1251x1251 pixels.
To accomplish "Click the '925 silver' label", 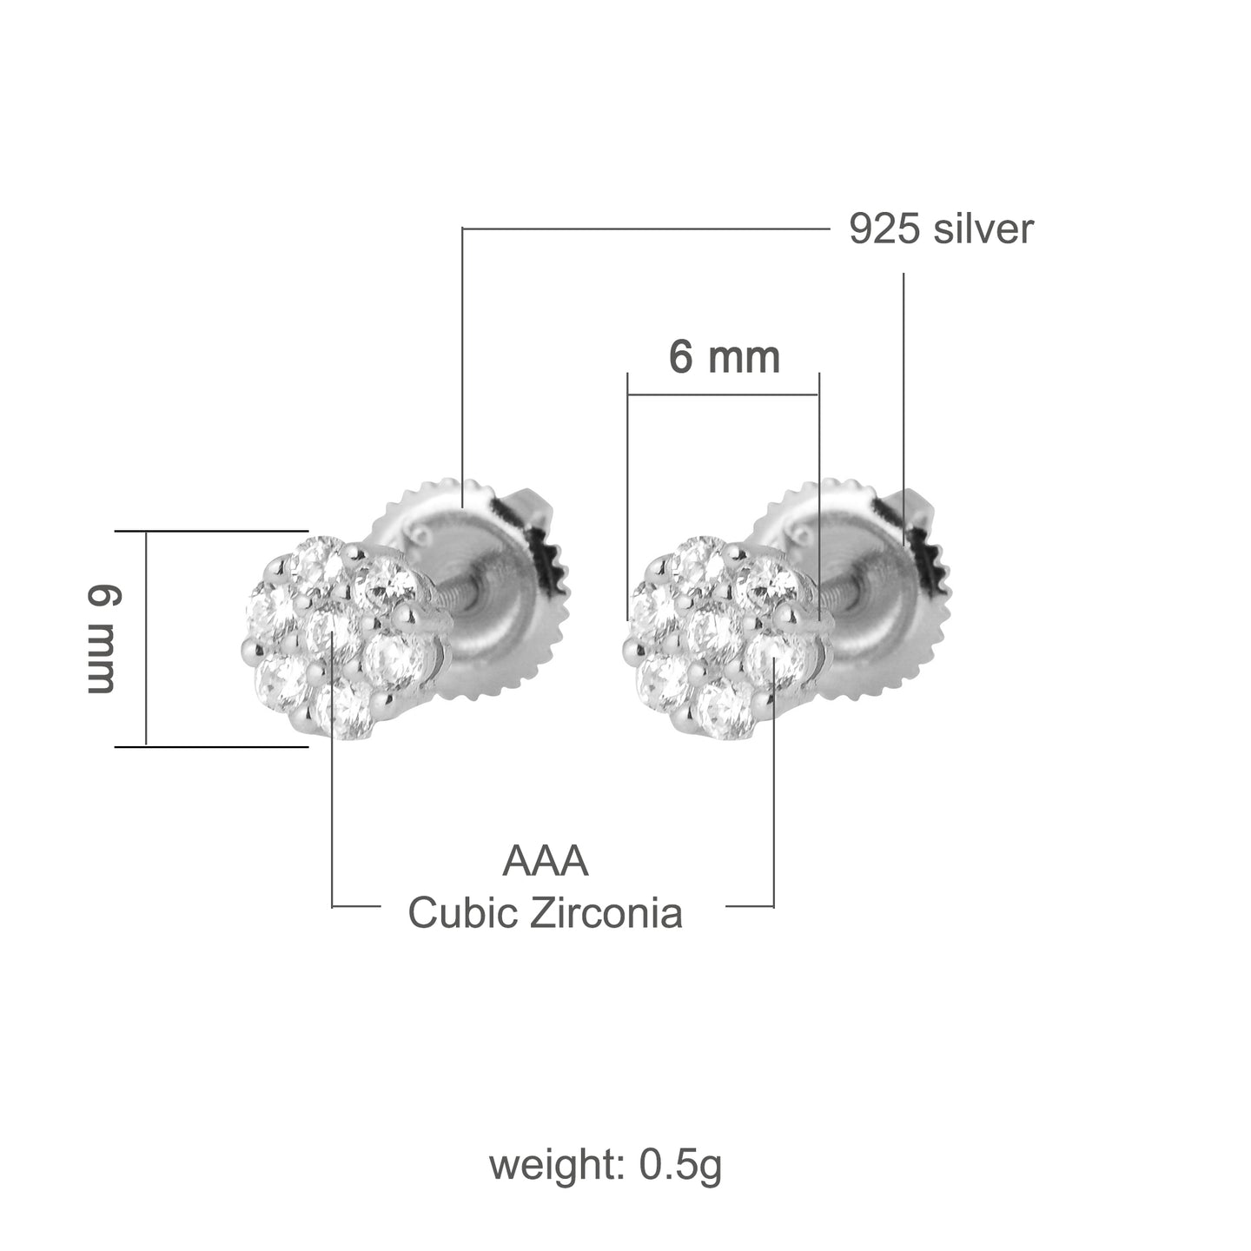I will tap(941, 230).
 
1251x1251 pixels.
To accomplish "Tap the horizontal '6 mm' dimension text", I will tap(724, 357).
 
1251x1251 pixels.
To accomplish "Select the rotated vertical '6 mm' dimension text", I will tap(101, 639).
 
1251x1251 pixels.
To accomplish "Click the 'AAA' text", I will tap(546, 862).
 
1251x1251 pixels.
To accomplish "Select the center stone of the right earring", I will tap(714, 632).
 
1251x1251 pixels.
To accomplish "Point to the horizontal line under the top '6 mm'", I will tap(723, 394).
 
